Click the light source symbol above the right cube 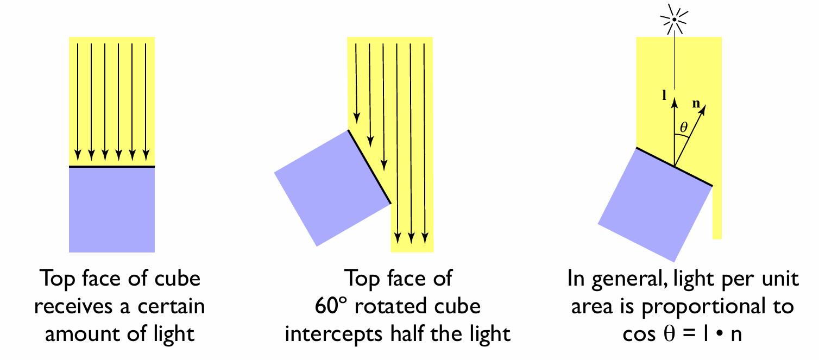pos(673,20)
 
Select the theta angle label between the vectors pos(683,128)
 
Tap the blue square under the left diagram pos(112,210)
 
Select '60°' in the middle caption pos(332,307)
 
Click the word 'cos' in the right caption pos(639,334)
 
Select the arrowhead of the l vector pos(674,100)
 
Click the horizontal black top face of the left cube pos(112,167)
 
